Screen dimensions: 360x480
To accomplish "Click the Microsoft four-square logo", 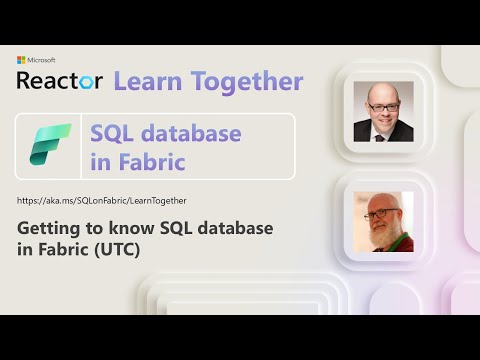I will (x=22, y=60).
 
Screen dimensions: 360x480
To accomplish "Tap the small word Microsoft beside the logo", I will (x=43, y=60).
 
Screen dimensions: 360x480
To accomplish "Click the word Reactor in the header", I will (x=59, y=81).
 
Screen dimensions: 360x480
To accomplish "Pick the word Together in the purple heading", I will (x=244, y=81).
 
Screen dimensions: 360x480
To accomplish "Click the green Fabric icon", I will (x=51, y=145).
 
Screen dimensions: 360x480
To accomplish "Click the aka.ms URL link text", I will (x=102, y=201).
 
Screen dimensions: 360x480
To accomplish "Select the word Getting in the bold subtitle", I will (x=51, y=229).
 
